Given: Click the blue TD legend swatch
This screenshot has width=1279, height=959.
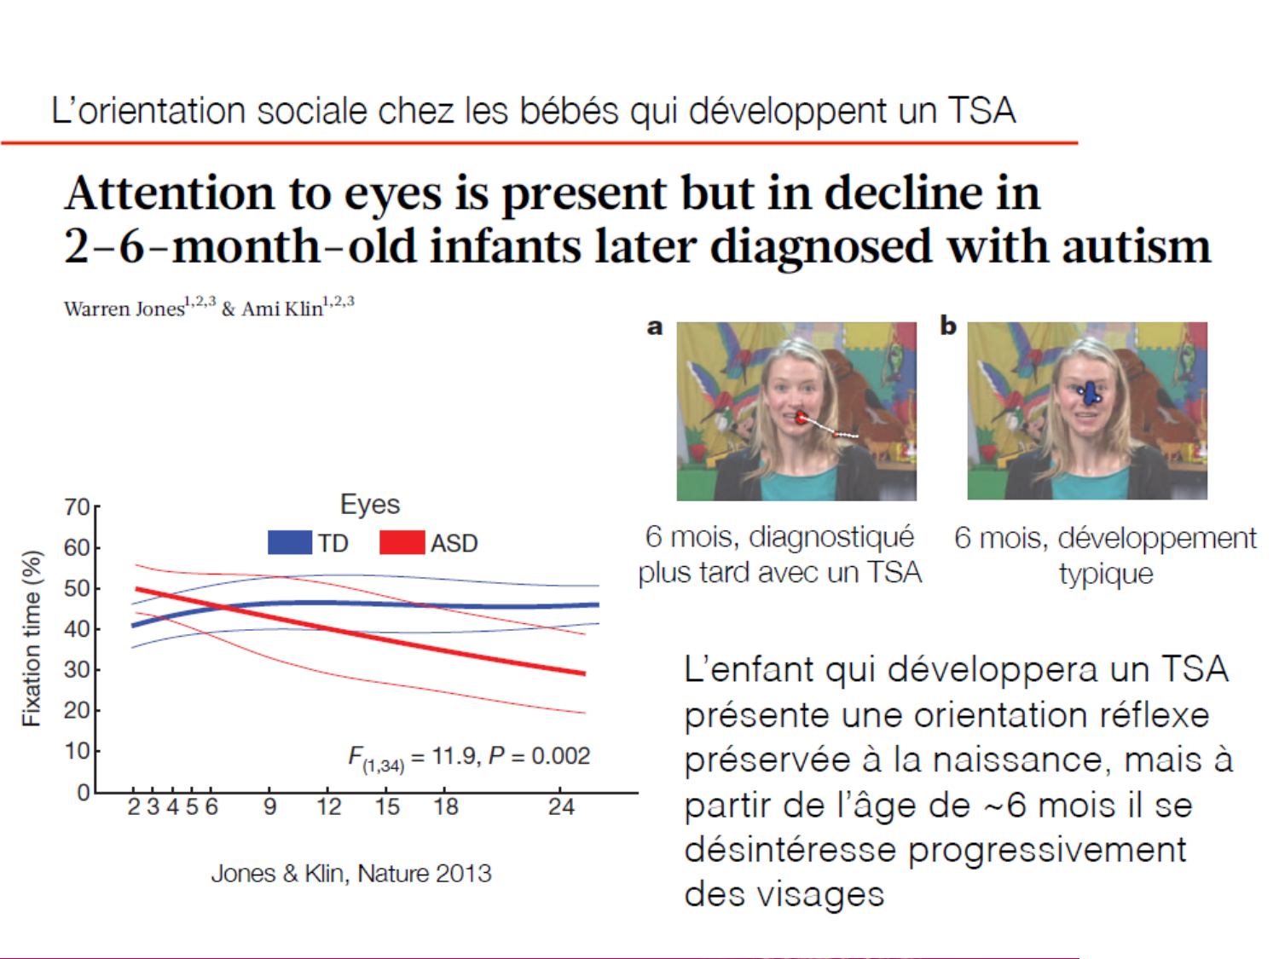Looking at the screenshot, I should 289,542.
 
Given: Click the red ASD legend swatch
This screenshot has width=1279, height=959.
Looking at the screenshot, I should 402,542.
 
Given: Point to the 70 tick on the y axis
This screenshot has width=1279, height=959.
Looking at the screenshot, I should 78,507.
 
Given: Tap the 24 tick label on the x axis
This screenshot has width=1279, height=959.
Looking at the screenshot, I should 561,806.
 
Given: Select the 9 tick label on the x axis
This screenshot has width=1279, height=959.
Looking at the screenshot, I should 269,806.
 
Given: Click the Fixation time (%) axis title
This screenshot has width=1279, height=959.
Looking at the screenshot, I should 32,638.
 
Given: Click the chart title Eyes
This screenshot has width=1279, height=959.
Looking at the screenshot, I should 369,504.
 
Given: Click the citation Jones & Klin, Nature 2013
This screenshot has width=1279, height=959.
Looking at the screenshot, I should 351,873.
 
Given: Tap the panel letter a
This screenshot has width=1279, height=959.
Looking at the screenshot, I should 655,326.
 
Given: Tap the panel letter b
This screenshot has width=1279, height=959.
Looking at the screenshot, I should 948,326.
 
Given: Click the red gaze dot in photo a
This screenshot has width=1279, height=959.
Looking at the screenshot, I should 802,418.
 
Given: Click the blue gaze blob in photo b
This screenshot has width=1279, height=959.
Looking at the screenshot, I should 1091,393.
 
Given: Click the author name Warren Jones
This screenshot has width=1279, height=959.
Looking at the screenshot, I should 124,309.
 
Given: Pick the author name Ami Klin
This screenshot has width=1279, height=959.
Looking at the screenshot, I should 282,309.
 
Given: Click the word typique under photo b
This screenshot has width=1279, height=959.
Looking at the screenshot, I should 1106,574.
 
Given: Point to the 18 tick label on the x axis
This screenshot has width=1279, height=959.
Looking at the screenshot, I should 446,806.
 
